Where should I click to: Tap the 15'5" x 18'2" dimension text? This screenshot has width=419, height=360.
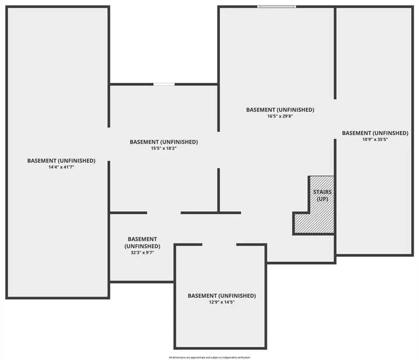[164, 148]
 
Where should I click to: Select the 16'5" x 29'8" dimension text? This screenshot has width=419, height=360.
[280, 116]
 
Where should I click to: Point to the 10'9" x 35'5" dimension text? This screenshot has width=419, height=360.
[375, 139]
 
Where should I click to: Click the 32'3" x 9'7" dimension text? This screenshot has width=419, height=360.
[142, 252]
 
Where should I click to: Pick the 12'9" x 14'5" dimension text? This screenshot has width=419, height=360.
[221, 302]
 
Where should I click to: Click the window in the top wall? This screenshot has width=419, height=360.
[276, 7]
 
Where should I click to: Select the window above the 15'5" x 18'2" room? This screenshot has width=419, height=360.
[164, 84]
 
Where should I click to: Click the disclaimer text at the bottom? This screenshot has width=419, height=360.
[210, 357]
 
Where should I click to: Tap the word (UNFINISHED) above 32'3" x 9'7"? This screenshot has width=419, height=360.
[142, 246]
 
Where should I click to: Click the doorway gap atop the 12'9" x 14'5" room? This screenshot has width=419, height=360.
[219, 245]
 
